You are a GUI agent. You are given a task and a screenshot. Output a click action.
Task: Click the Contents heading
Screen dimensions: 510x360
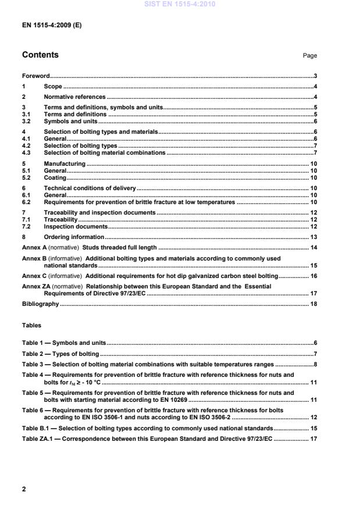(40, 55)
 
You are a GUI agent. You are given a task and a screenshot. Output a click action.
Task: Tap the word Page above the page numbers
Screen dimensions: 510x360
(309, 56)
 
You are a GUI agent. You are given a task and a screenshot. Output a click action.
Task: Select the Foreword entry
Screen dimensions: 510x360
(35, 76)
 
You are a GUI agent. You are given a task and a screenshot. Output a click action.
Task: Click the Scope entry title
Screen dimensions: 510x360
(53, 86)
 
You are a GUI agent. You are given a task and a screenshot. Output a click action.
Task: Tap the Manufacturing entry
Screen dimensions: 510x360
(65, 165)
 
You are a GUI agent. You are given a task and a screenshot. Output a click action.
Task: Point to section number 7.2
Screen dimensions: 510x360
(26, 226)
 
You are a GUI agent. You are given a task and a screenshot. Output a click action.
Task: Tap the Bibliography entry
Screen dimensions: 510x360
(40, 304)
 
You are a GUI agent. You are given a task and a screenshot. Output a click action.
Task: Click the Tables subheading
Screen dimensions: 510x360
(31, 326)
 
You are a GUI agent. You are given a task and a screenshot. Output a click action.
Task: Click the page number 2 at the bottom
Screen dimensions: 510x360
(24, 490)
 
